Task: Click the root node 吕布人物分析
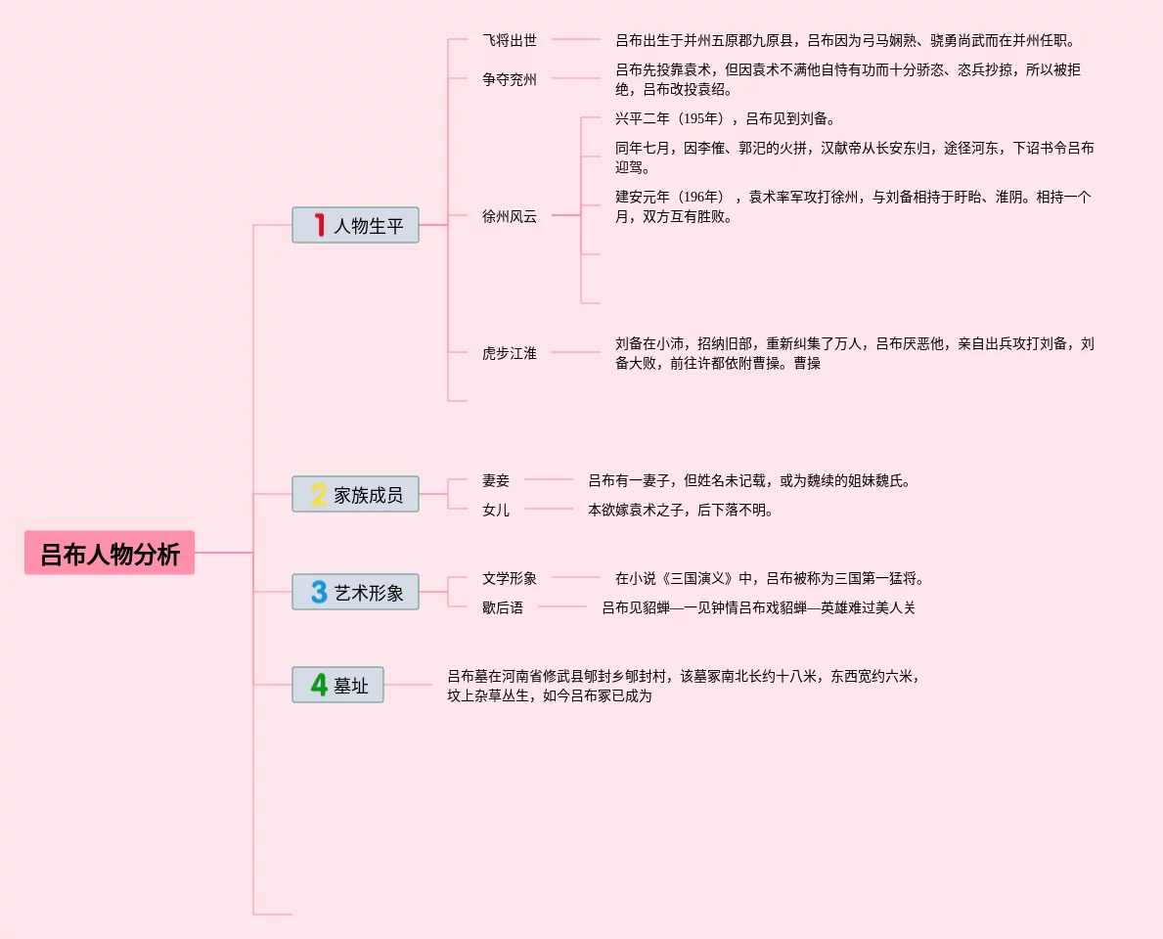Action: point(110,554)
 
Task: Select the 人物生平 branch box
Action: point(355,225)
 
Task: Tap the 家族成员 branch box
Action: point(355,494)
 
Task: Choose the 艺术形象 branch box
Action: point(355,592)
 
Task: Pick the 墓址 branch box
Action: point(337,685)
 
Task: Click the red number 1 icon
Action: point(319,225)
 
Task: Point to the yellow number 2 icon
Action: point(319,494)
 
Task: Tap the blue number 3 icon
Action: point(319,592)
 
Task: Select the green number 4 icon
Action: point(319,685)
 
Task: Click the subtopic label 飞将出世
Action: point(510,40)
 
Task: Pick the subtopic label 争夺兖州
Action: point(510,79)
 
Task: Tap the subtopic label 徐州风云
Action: point(510,216)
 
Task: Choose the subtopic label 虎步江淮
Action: point(510,353)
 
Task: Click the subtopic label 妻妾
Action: point(496,480)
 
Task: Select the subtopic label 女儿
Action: point(496,510)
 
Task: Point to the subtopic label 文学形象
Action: point(510,578)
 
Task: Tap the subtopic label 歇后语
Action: point(503,607)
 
